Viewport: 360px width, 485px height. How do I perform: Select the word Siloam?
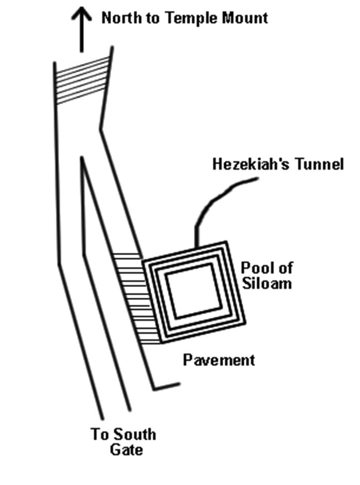tap(266, 283)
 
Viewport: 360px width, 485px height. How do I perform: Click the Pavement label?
tap(219, 360)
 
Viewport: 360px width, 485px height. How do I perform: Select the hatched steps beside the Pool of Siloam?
tap(129, 298)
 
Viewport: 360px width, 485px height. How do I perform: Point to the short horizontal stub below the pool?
tap(166, 386)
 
